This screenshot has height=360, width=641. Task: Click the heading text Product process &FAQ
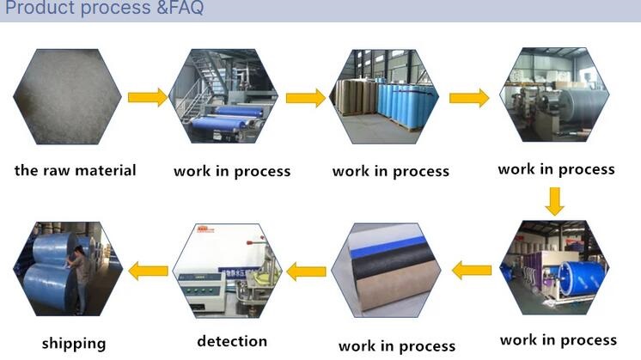(103, 10)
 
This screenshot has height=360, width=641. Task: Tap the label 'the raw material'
(75, 170)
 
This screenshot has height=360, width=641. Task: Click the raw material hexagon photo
(67, 96)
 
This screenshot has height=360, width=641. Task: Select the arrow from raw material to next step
(148, 97)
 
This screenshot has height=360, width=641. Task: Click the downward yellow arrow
(555, 200)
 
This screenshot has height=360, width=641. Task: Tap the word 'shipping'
(74, 343)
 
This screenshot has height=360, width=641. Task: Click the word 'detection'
(232, 341)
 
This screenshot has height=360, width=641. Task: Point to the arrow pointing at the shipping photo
(148, 272)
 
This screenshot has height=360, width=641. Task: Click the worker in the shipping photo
(79, 266)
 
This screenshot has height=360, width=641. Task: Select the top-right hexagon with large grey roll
(555, 95)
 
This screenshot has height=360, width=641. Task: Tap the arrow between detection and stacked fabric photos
(306, 272)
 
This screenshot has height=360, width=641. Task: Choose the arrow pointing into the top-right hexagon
(469, 97)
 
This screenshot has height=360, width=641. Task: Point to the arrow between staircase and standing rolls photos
(306, 98)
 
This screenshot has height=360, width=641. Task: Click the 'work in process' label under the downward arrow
(558, 339)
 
